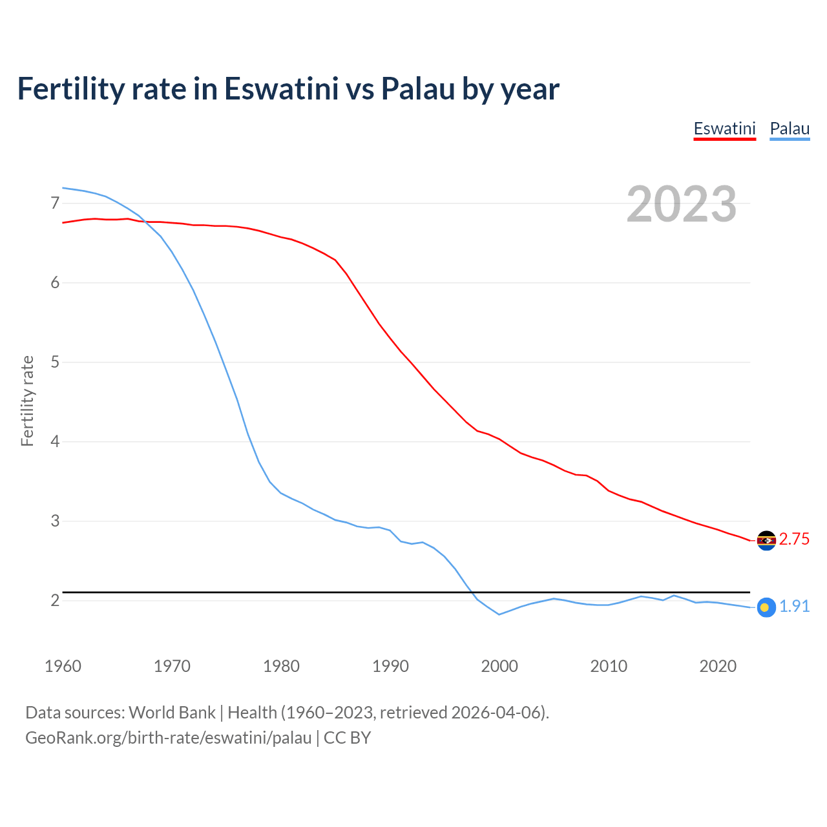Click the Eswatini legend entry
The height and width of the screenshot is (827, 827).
(x=724, y=129)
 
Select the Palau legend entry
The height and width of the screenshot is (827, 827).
(x=790, y=129)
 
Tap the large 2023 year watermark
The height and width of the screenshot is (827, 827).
(x=682, y=204)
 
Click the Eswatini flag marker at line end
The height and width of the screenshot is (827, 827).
(x=766, y=540)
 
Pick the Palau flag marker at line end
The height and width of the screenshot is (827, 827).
(x=766, y=607)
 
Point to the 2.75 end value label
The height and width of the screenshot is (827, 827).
(x=794, y=539)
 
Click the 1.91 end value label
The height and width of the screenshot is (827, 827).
(x=794, y=606)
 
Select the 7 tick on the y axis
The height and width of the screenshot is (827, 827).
(x=54, y=204)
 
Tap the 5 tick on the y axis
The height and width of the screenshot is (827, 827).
(x=54, y=362)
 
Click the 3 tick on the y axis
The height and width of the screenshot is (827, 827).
(x=54, y=521)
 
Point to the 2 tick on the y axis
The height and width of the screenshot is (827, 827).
(x=54, y=601)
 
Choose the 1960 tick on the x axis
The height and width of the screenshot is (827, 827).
(x=63, y=666)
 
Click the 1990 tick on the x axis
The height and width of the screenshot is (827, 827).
(x=390, y=666)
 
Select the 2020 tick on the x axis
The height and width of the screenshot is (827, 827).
(x=718, y=666)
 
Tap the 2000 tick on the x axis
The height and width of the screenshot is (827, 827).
(x=499, y=666)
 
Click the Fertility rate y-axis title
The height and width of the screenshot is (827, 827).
(x=27, y=401)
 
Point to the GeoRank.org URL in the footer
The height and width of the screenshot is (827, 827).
(x=168, y=738)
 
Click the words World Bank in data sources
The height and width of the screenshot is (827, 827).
(x=172, y=713)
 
